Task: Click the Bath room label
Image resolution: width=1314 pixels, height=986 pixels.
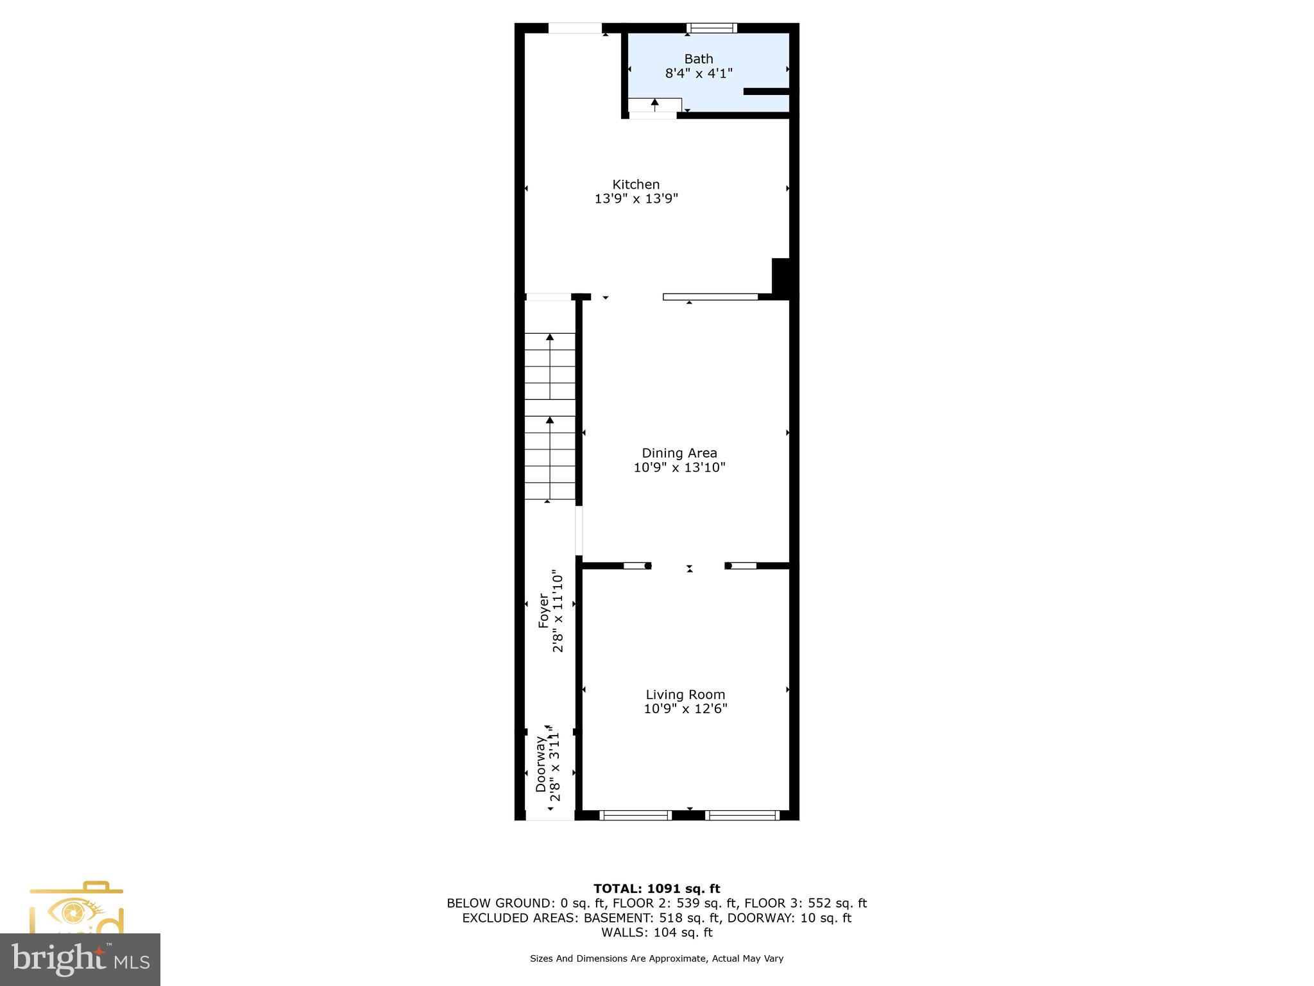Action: point(698,59)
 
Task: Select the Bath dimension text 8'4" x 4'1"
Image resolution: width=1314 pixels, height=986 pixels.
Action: point(698,74)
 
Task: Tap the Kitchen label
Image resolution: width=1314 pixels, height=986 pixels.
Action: point(635,185)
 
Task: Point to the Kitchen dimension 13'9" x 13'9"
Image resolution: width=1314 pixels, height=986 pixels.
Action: point(635,199)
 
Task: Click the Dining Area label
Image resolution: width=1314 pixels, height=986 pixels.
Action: point(679,453)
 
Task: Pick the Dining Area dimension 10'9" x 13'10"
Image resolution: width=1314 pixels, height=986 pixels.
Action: point(679,467)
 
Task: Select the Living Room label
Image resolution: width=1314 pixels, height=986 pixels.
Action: point(685,695)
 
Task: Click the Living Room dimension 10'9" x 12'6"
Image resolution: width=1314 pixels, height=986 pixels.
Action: point(685,709)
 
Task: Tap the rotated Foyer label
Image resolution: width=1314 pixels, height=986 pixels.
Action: point(543,610)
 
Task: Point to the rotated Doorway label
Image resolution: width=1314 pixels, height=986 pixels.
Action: point(541,764)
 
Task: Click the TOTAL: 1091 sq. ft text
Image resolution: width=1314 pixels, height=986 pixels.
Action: point(656,888)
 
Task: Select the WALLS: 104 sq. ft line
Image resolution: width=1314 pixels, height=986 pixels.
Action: point(656,932)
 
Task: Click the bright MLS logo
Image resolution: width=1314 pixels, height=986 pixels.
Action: point(80,959)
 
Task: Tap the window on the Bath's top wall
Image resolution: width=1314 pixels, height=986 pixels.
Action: point(712,28)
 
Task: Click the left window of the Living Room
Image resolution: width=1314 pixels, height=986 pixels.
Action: point(635,815)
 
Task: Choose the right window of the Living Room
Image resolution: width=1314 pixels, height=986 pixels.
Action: point(742,815)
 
